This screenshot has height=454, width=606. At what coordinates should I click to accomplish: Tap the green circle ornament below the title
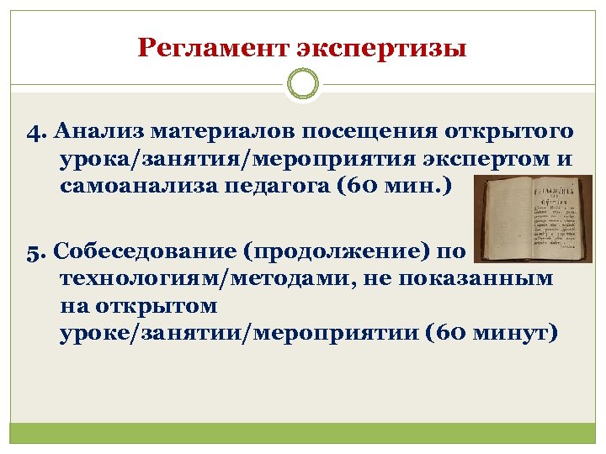pyautogui.click(x=303, y=85)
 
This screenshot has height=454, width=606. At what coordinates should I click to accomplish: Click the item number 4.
pyautogui.click(x=34, y=132)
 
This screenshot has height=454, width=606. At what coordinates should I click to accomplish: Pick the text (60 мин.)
pyautogui.click(x=394, y=186)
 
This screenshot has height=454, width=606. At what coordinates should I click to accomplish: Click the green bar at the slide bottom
pyautogui.click(x=303, y=433)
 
